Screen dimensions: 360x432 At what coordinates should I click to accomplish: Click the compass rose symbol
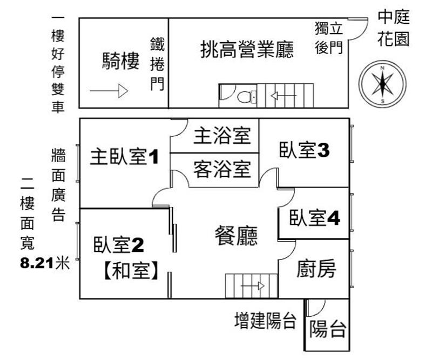tap(382, 83)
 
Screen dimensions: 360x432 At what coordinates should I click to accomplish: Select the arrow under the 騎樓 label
tap(108, 91)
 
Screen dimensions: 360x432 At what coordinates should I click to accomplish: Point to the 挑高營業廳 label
tap(247, 50)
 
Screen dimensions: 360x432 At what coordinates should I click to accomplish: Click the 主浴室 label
tap(222, 136)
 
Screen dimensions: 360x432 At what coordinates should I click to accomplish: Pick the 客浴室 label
tap(222, 170)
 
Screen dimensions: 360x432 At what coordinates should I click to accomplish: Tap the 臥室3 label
tap(304, 150)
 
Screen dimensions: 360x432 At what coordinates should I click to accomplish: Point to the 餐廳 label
tap(236, 235)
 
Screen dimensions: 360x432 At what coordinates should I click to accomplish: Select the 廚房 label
tap(316, 268)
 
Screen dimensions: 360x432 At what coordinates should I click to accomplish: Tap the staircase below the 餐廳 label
tap(246, 285)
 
